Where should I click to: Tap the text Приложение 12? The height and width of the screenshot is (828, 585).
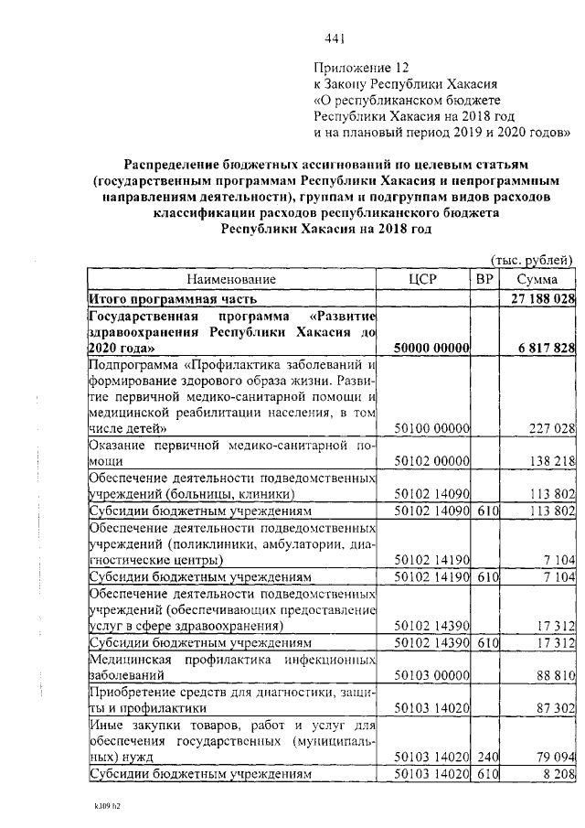point(358,68)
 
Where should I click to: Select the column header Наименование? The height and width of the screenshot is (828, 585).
point(231,278)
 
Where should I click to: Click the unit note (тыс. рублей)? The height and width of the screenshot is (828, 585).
point(531,260)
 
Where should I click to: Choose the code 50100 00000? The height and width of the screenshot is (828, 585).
point(431,427)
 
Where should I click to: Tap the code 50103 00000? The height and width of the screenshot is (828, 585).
point(431,675)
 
